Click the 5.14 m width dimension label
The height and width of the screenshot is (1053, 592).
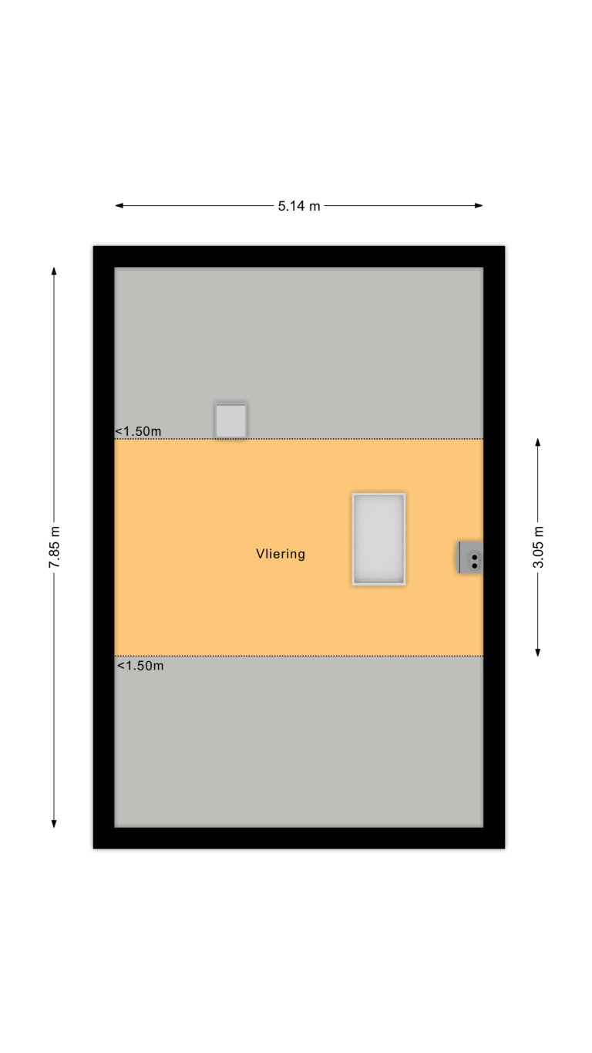click(x=299, y=206)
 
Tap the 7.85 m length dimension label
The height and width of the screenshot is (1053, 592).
click(x=54, y=547)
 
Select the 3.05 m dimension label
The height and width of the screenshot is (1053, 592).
click(x=538, y=547)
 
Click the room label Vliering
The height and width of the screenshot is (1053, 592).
click(x=281, y=554)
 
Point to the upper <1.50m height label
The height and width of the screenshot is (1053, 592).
click(x=139, y=431)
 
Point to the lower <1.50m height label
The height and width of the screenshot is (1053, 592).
click(x=140, y=665)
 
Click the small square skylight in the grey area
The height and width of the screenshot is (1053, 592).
click(x=230, y=420)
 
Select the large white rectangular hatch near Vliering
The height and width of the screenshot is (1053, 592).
click(x=378, y=539)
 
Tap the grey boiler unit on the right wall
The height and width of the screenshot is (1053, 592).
click(x=471, y=557)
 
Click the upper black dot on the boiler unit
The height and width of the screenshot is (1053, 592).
click(x=475, y=557)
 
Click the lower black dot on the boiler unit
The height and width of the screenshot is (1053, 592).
click(x=475, y=565)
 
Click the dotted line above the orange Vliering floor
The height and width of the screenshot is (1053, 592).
click(x=308, y=439)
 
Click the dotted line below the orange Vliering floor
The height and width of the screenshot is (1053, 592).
click(x=308, y=656)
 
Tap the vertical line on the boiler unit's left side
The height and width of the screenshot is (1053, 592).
click(x=460, y=557)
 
